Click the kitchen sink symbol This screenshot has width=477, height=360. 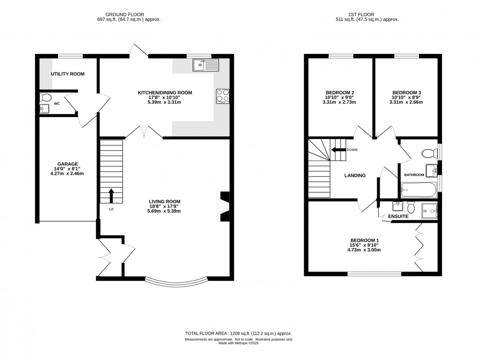coord(206,64)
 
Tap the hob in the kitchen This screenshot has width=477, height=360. coord(223,96)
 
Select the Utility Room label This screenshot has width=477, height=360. coord(68,74)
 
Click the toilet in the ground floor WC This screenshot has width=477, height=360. coord(45,96)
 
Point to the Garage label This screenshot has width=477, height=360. coord(68,164)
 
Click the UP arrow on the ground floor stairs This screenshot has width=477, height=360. coord(111,195)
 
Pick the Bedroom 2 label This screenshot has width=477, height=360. coord(339,92)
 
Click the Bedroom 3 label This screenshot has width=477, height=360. coord(406,92)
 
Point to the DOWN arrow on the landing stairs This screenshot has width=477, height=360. coord(337,150)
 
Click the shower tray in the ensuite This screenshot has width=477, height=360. coord(430,210)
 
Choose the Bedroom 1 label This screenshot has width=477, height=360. coord(364,240)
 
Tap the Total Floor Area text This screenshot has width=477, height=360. coord(238,333)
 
